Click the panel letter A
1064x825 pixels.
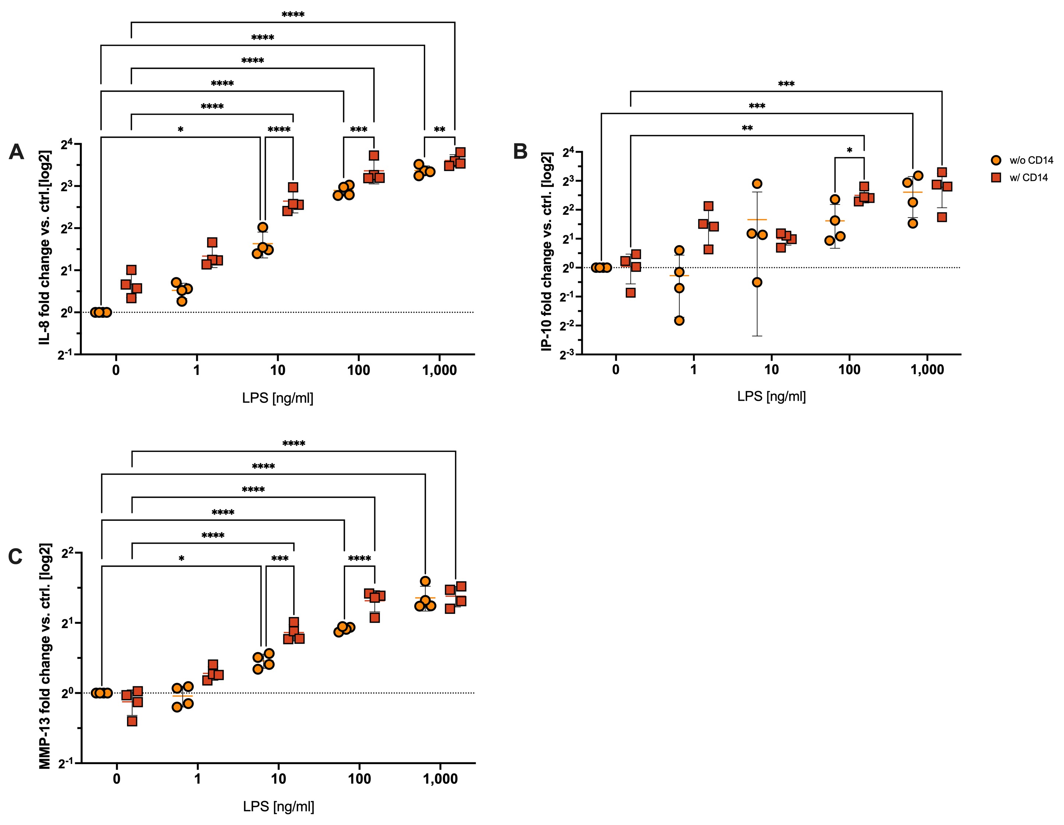[16, 152]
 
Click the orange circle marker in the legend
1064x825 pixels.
[996, 160]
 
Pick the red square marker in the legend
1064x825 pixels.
[996, 177]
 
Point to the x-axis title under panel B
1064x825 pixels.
[771, 396]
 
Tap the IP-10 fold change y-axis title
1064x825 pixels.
[547, 252]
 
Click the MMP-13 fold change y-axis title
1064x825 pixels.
[45, 656]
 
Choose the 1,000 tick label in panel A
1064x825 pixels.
[440, 370]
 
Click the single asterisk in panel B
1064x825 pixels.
[850, 151]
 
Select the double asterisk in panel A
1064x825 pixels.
[440, 130]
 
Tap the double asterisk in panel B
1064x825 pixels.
[747, 128]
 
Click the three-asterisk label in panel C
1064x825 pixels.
[280, 558]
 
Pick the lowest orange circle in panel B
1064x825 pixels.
[679, 320]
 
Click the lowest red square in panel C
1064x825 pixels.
[132, 721]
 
